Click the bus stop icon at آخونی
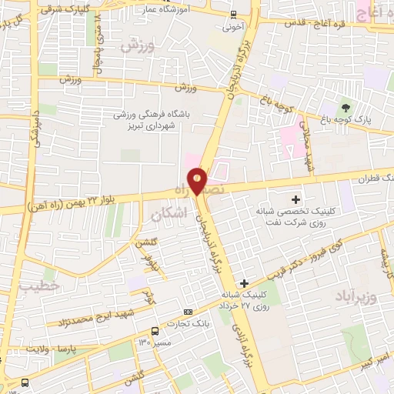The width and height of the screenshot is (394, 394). pyautogui.click(x=234, y=14)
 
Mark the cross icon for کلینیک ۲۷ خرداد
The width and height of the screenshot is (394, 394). pyautogui.click(x=244, y=283)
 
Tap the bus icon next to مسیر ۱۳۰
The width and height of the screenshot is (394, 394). pyautogui.click(x=155, y=331)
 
